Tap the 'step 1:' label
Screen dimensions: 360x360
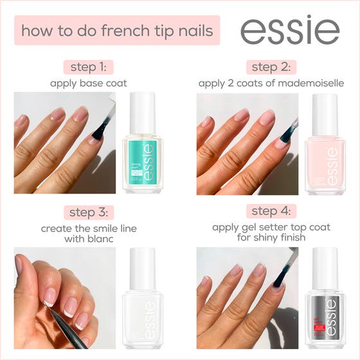coord(89,67)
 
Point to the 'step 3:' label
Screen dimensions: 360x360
coord(89,212)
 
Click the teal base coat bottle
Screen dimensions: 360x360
coord(143,151)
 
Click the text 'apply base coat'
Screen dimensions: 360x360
coord(89,83)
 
